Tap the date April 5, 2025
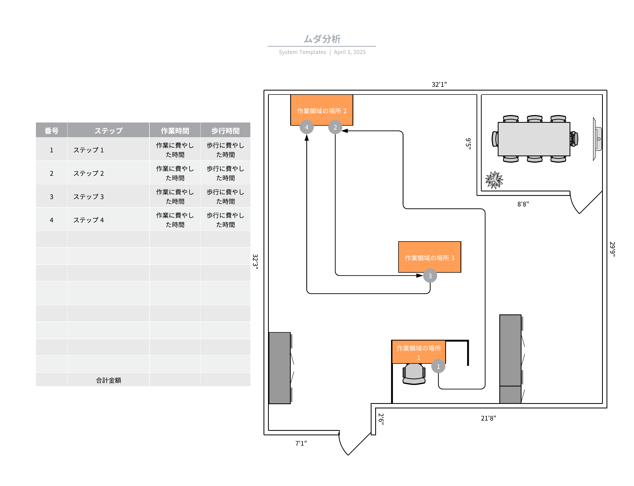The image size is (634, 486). coord(349,52)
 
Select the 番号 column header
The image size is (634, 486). coord(51,131)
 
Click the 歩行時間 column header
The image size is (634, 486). coord(225,131)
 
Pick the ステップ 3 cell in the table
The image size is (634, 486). coord(88,197)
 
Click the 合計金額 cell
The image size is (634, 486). coord(108,380)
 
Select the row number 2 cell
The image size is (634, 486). coord(51,173)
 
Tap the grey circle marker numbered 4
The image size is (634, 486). coord(307,127)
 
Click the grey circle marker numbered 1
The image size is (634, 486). coord(438,366)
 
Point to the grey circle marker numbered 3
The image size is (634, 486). coord(430,276)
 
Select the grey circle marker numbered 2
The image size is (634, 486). coord(335,127)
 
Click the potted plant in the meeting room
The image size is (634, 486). coord(494,180)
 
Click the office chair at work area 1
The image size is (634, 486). coord(414,374)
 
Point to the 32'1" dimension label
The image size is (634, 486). coord(439,84)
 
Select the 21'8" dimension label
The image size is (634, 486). coord(488,418)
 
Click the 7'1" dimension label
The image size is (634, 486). coord(301,443)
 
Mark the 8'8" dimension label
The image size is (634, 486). coord(523,204)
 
